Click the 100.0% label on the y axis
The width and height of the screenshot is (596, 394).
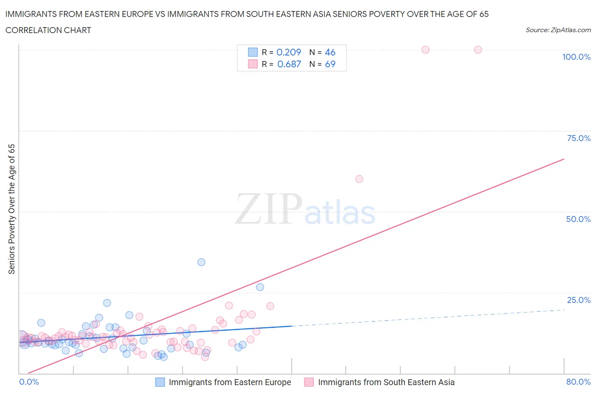(576, 57)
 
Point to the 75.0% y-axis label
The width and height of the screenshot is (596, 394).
(578, 138)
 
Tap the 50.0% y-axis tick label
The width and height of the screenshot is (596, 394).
(578, 219)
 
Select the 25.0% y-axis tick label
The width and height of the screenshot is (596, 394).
(578, 300)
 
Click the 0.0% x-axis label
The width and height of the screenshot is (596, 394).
(29, 382)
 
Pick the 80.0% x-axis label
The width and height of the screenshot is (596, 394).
(578, 382)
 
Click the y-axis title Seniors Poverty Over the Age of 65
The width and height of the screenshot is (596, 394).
(12, 209)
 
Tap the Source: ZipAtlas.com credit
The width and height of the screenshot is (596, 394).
(558, 30)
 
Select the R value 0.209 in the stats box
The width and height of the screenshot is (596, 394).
(289, 52)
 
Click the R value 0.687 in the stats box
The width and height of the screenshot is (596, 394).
(289, 64)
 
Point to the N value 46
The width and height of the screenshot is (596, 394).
(330, 52)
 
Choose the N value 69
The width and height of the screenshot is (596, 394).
(330, 64)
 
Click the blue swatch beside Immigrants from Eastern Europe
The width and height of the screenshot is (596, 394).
(160, 382)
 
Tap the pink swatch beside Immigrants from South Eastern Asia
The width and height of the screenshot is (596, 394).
(309, 382)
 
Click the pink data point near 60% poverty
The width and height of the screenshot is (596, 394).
(359, 179)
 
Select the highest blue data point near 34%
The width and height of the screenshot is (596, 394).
(201, 262)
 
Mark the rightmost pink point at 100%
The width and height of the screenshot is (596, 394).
(478, 50)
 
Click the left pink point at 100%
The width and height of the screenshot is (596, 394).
(425, 50)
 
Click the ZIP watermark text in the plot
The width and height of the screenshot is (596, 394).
(268, 209)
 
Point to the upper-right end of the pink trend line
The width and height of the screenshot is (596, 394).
(564, 159)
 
